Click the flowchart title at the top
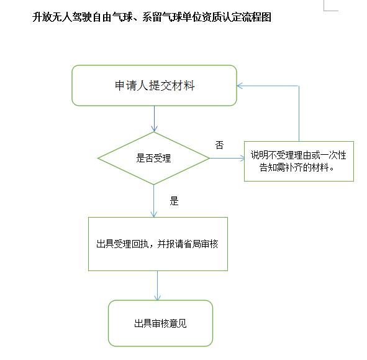point(152,17)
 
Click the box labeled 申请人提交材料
point(154,86)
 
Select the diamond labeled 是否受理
point(153,158)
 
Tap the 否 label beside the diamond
point(220,145)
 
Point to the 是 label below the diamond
point(174,201)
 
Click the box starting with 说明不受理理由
point(299,161)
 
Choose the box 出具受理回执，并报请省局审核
point(158,244)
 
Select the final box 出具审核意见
point(161,323)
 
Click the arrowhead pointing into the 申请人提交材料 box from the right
point(240,86)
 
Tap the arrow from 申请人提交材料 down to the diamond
point(154,119)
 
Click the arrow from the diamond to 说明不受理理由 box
point(227,158)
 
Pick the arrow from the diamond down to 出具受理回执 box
point(154,201)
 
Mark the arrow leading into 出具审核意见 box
point(158,286)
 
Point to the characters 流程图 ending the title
point(256,17)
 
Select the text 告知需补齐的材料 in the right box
point(294,167)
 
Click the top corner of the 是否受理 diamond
point(154,132)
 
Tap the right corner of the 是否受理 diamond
point(209,158)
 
